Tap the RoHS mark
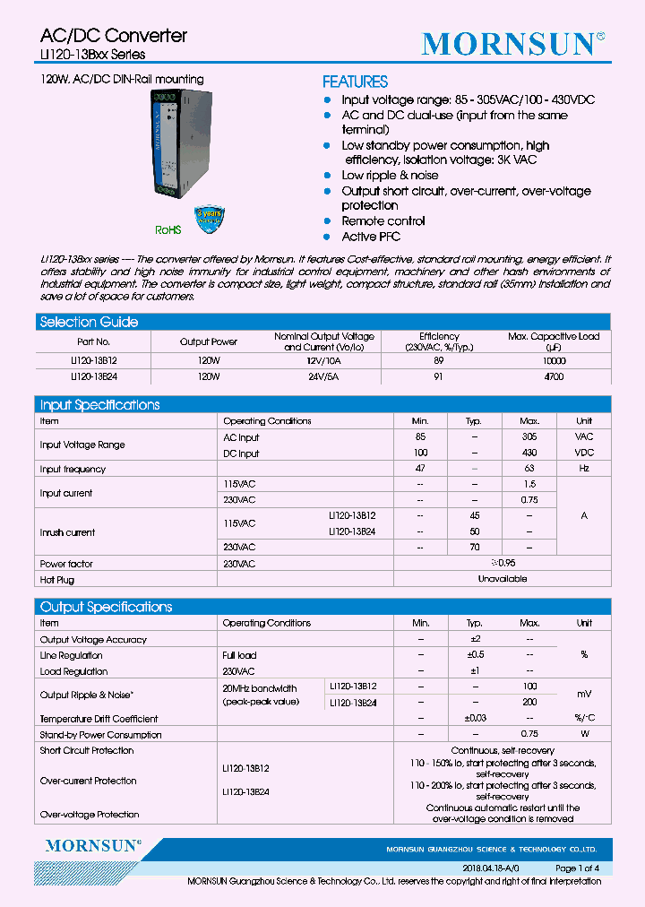pyautogui.click(x=168, y=230)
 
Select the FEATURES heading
pyautogui.click(x=355, y=82)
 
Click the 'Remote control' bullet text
pyautogui.click(x=383, y=221)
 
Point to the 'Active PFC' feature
pyautogui.click(x=371, y=238)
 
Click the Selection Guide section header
pyautogui.click(x=89, y=322)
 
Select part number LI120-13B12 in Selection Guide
pyautogui.click(x=93, y=360)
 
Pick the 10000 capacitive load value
pyautogui.click(x=554, y=360)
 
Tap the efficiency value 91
pyautogui.click(x=439, y=377)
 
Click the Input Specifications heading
pyautogui.click(x=99, y=405)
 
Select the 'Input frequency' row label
pyautogui.click(x=73, y=470)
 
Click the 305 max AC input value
pyautogui.click(x=529, y=437)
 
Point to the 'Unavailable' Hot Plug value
pyautogui.click(x=502, y=580)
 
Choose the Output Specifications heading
pyautogui.click(x=106, y=608)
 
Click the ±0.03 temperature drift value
pyautogui.click(x=474, y=719)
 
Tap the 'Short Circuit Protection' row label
pyautogui.click(x=87, y=751)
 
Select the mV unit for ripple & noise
pyautogui.click(x=584, y=695)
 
